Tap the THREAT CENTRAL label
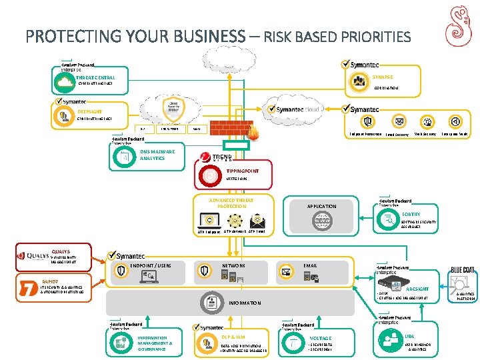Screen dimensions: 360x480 [95, 77]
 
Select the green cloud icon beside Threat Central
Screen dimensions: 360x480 [65, 81]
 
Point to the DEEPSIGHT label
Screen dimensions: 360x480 [90, 111]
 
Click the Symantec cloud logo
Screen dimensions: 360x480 [293, 109]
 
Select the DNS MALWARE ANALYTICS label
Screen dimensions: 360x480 [157, 155]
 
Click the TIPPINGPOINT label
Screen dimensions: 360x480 [242, 171]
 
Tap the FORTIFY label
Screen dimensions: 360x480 [411, 214]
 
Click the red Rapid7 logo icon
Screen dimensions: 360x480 [28, 288]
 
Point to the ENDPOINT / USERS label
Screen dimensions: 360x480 [151, 265]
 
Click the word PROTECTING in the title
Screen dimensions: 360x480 [69, 36]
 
